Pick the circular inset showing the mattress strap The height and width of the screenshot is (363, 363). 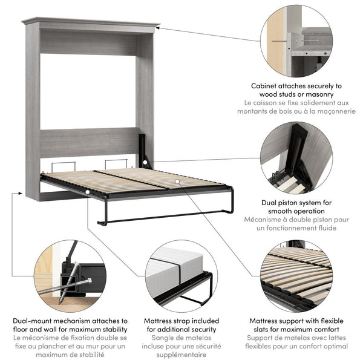click(x=181, y=276)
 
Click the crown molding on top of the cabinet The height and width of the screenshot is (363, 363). click(x=91, y=23)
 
